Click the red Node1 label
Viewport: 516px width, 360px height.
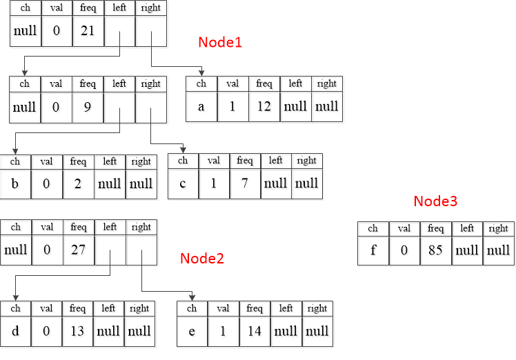point(220,42)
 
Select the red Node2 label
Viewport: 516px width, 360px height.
point(202,259)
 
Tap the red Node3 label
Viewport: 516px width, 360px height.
point(435,201)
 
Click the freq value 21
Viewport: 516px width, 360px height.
point(88,30)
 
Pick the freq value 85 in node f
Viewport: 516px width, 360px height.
point(435,250)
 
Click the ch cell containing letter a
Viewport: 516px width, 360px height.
point(201,107)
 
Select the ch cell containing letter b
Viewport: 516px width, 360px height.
point(14,183)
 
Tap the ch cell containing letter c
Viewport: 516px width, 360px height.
point(183,183)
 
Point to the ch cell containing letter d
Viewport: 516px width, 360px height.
point(14,331)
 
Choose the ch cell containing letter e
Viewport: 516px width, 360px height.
point(192,331)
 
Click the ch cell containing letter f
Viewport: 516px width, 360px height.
point(373,250)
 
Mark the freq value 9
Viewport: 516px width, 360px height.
point(88,107)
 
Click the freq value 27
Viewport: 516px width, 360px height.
point(79,250)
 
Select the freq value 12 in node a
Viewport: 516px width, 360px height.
point(264,107)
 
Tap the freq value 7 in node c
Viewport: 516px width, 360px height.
point(245,183)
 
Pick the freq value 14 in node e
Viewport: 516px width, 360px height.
point(254,331)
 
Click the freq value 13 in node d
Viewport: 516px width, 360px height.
point(77,331)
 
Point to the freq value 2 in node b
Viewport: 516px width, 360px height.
point(77,183)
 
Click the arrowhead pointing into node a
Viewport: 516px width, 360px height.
point(201,72)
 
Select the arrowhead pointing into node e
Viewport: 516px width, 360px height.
point(192,297)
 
